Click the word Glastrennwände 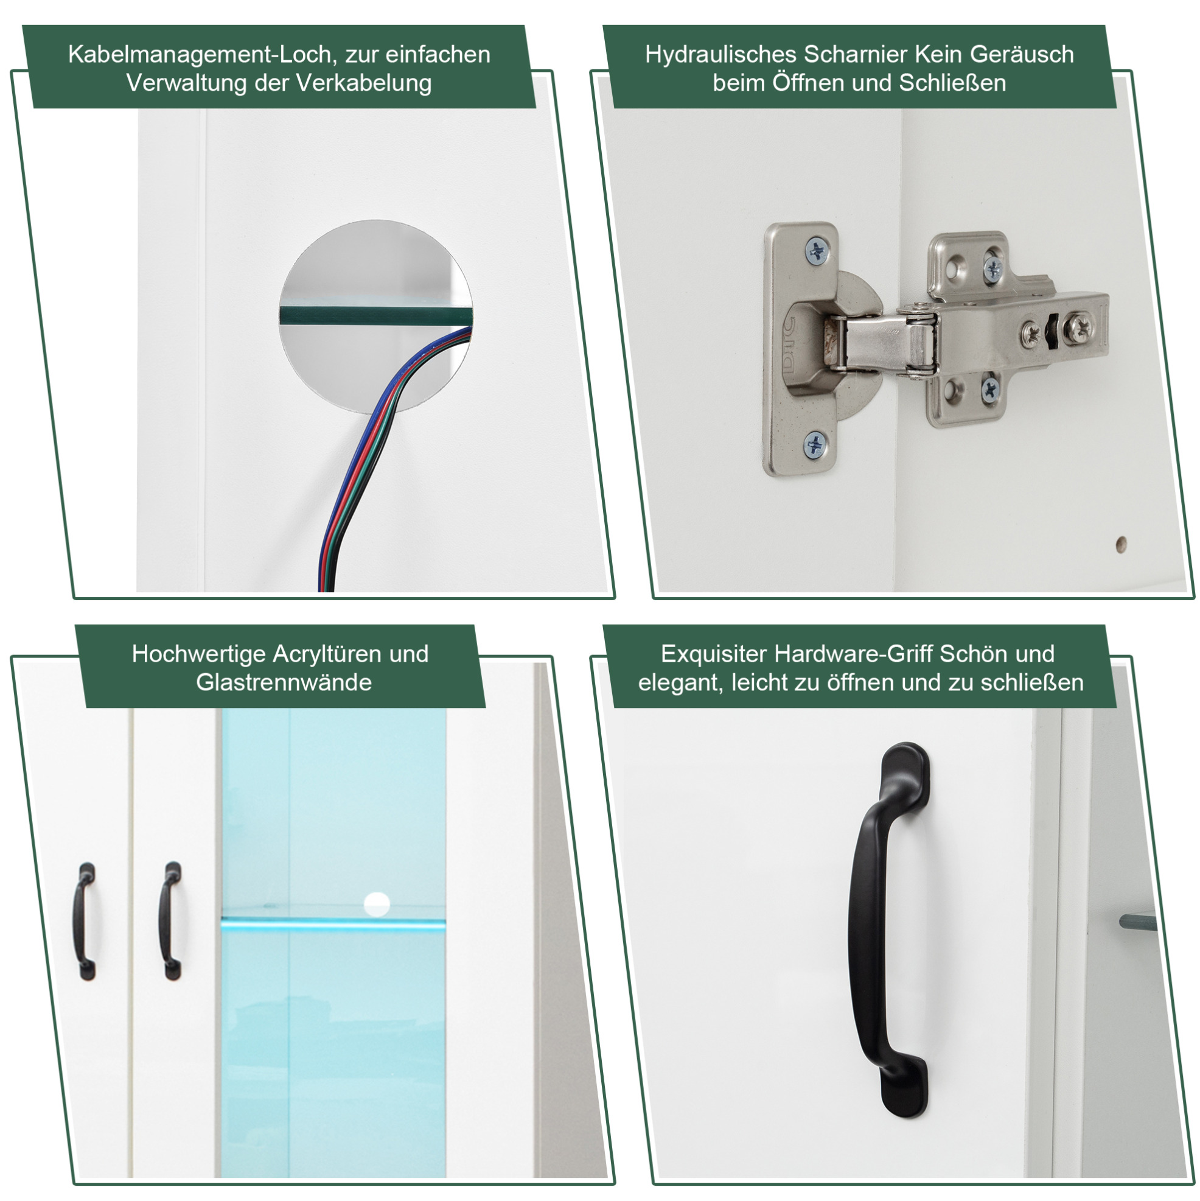284,682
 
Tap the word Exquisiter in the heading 714,654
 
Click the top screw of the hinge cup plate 817,251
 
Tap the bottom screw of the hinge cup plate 815,445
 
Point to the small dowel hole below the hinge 1121,544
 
